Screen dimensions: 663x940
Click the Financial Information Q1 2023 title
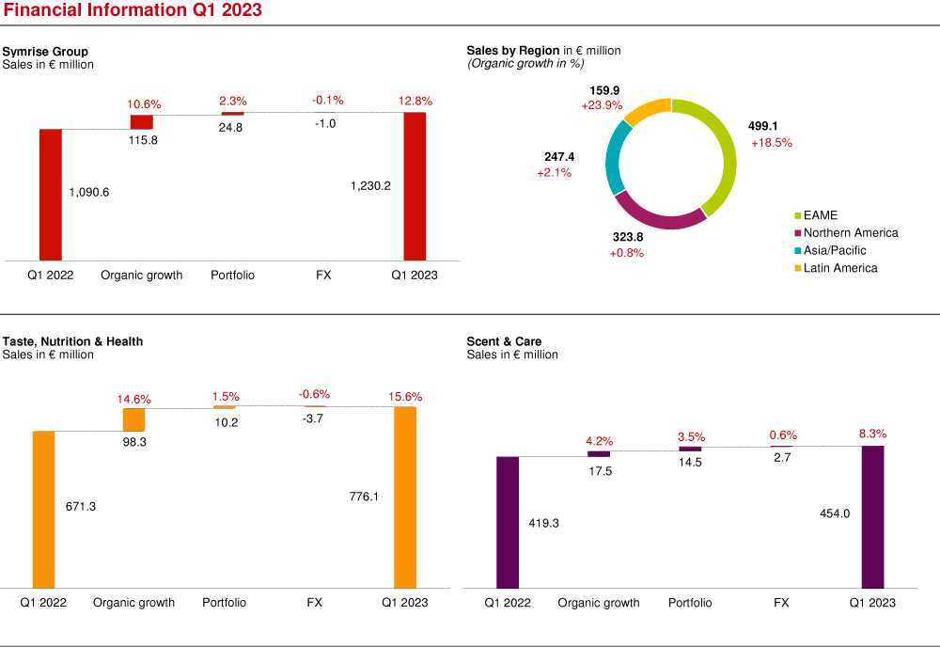click(132, 10)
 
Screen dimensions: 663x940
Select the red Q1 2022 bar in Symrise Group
click(50, 194)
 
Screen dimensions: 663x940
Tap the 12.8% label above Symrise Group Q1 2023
click(415, 101)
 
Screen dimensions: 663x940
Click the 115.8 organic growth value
click(143, 140)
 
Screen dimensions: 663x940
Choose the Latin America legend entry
click(840, 268)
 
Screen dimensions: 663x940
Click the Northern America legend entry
click(851, 232)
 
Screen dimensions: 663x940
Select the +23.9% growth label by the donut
click(602, 105)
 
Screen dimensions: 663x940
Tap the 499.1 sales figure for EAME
click(763, 125)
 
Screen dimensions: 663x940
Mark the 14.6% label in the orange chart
click(133, 399)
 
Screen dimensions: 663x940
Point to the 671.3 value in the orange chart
click(81, 506)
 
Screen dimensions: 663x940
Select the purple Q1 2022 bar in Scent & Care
click(508, 522)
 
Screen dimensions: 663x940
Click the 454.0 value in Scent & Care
click(835, 513)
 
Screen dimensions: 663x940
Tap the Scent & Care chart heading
click(504, 341)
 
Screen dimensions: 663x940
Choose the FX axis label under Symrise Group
click(323, 276)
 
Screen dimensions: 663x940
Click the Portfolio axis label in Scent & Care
click(690, 603)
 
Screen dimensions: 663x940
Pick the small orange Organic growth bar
click(134, 419)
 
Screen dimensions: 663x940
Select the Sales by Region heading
click(513, 50)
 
